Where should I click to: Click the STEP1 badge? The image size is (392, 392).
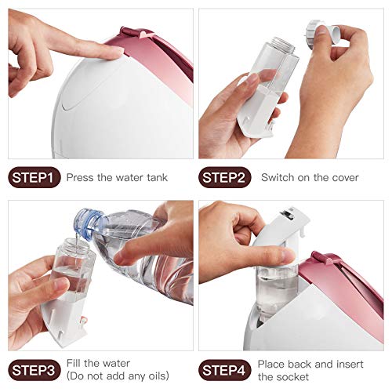(34, 178)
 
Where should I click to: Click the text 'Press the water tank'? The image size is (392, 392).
(117, 178)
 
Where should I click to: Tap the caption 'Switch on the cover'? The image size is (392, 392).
(310, 178)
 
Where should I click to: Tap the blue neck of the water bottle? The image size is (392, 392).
(85, 222)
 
